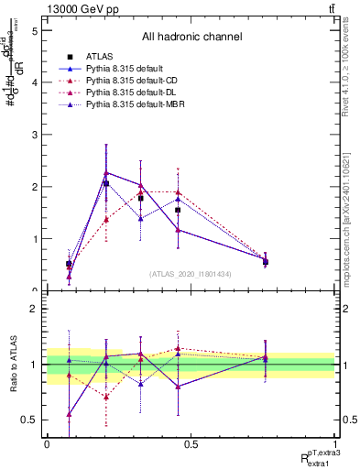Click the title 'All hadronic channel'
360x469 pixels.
point(191,38)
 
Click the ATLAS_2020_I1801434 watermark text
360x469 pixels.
point(191,274)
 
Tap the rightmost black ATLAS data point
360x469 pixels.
point(265,262)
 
